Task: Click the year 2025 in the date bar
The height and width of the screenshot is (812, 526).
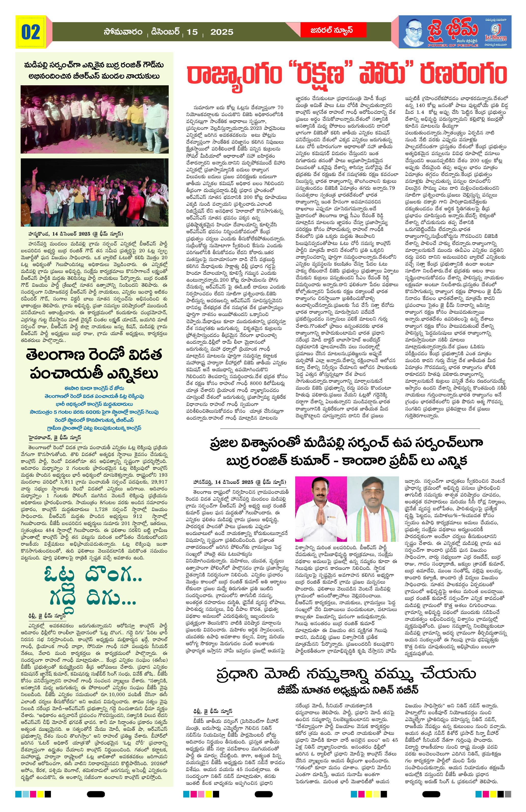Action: pyautogui.click(x=222, y=32)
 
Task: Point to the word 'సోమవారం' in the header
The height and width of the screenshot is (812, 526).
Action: pyautogui.click(x=123, y=32)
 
